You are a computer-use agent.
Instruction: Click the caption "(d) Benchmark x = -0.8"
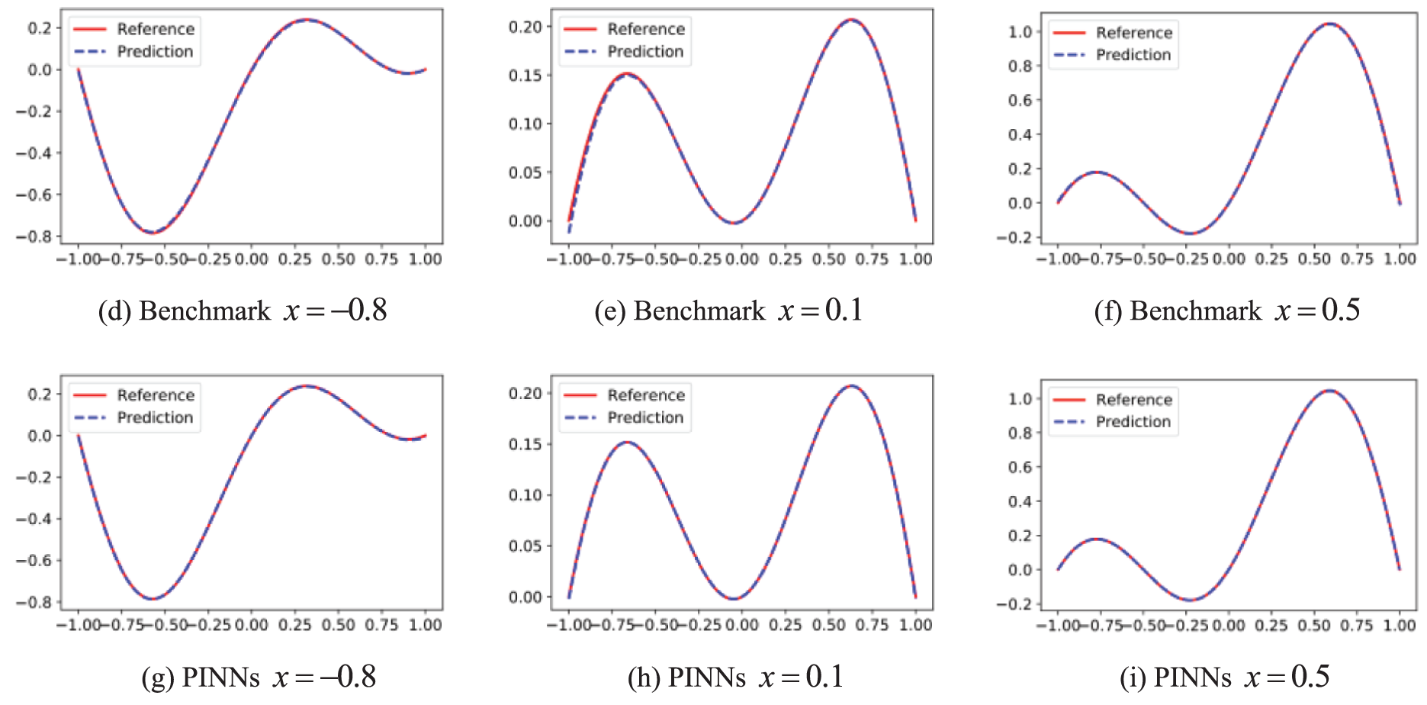pyautogui.click(x=243, y=311)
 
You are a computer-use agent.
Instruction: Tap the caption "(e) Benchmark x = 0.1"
pyautogui.click(x=728, y=311)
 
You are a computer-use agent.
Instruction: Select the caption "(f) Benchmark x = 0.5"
pyautogui.click(x=1226, y=311)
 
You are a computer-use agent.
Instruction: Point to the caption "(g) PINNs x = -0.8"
pyautogui.click(x=259, y=677)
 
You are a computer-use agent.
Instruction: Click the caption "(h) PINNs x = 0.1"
pyautogui.click(x=735, y=677)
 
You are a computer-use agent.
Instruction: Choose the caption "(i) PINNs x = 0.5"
pyautogui.click(x=1224, y=677)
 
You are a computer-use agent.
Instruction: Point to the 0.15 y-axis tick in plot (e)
pyautogui.click(x=525, y=76)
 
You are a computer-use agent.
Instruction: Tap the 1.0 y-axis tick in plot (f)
pyautogui.click(x=1020, y=32)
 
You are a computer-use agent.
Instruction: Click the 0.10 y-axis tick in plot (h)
pyautogui.click(x=525, y=495)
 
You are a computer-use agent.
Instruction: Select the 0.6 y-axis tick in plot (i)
pyautogui.click(x=1020, y=467)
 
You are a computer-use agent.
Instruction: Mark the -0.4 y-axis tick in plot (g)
pyautogui.click(x=34, y=519)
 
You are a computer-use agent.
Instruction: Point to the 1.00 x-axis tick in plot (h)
pyautogui.click(x=915, y=626)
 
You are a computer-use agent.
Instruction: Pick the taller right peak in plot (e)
pyautogui.click(x=851, y=20)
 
